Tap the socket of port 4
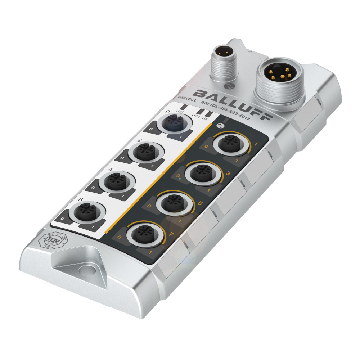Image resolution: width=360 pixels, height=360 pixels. click(116, 180)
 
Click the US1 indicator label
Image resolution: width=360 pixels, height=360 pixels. click(180, 112)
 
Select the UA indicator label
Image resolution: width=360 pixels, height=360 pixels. click(205, 118)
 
